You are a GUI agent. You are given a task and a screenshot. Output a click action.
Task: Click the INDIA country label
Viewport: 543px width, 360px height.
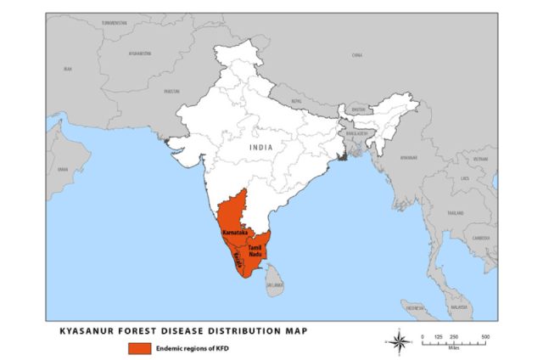coord(261,147)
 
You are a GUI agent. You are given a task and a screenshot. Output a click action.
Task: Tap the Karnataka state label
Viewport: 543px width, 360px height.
coord(234,231)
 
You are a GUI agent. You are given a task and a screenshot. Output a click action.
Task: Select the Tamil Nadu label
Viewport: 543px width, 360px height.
coord(255,250)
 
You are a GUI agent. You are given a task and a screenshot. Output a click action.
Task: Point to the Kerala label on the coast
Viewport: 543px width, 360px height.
coord(241,264)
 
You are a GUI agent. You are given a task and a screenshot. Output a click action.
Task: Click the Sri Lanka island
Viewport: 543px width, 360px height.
coord(273,276)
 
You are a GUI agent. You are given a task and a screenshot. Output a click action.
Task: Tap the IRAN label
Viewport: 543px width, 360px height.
coord(68,68)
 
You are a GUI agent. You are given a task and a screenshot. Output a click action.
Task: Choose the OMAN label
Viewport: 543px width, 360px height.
coord(63,169)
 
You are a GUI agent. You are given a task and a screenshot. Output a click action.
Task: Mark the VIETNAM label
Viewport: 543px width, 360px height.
coord(481,158)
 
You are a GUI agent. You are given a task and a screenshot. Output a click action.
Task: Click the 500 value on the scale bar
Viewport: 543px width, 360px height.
coord(484,337)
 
